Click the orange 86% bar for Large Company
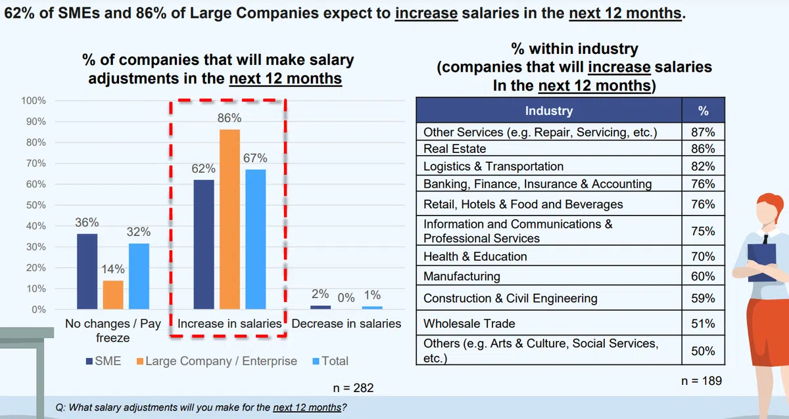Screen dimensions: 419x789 point(229,219)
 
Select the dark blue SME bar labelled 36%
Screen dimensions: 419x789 point(86,271)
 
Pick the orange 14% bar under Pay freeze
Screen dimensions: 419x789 point(112,294)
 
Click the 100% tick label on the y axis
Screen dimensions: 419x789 point(34,100)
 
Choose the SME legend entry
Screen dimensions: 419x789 point(103,361)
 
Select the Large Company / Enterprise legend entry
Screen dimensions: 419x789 point(216,361)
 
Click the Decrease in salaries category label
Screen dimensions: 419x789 point(346,324)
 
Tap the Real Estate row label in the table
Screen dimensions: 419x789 point(455,149)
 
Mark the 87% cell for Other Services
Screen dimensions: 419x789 point(702,132)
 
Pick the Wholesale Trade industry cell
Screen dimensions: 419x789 point(469,323)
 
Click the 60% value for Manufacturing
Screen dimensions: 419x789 point(702,276)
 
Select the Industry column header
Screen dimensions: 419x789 point(549,111)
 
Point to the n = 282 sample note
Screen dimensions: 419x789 point(353,387)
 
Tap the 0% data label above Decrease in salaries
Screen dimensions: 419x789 point(346,298)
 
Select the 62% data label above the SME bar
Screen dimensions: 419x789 point(204,169)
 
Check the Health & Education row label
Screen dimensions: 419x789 point(475,256)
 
